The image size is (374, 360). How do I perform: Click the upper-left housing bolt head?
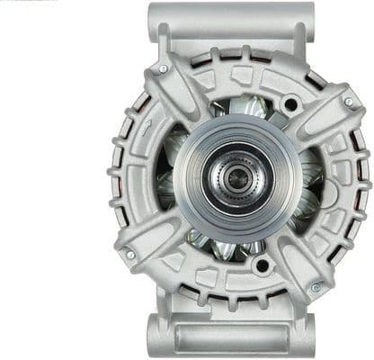click(x=163, y=68)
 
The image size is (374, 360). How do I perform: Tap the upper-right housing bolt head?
click(x=349, y=102)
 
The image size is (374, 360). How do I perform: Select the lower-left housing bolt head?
click(x=130, y=255)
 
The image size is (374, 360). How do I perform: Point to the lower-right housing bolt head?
click(x=315, y=287)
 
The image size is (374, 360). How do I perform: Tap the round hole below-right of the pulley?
click(x=262, y=265)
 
